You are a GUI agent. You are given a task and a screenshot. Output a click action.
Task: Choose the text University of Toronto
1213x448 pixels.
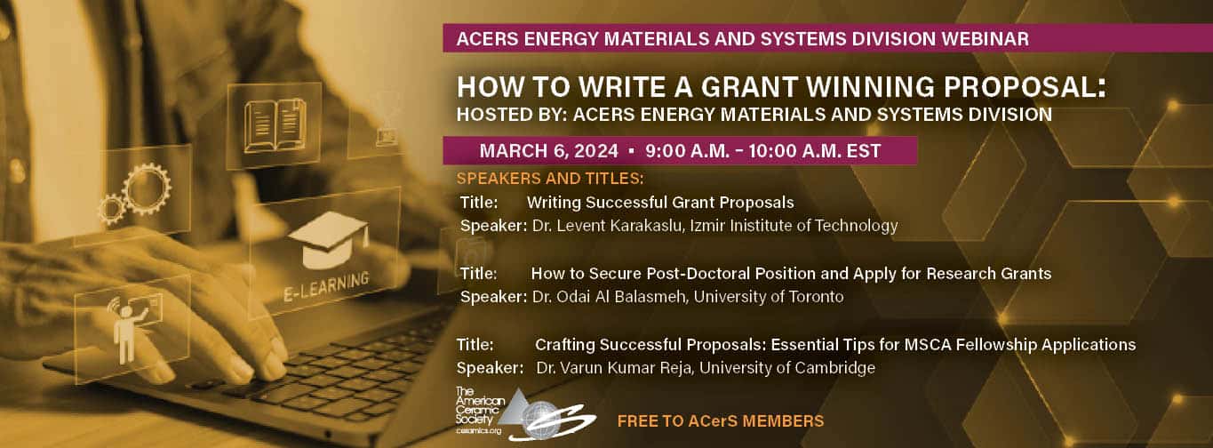(x=768, y=296)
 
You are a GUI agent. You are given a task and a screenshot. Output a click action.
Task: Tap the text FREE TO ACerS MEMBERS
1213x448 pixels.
(x=720, y=420)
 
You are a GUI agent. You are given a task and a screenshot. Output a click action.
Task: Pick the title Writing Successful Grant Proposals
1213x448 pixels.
(x=660, y=202)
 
